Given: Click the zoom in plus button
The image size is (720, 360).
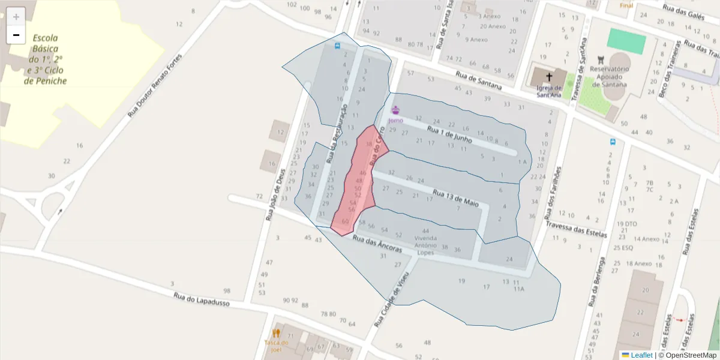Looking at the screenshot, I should point(16,17).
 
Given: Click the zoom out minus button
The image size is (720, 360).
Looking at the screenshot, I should point(16,35).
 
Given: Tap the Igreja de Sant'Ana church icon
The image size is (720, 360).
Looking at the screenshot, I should point(548,77).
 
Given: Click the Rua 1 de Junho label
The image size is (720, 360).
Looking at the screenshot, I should point(449,134).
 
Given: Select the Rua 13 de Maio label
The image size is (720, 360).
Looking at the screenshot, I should point(455,199).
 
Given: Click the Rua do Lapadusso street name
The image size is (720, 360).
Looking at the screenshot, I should point(202,299).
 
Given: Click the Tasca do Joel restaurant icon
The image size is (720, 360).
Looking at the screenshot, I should point(276,333).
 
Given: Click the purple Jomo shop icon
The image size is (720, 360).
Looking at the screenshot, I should point(395,110).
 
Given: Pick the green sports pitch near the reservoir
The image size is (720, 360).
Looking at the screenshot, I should point(626,41).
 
